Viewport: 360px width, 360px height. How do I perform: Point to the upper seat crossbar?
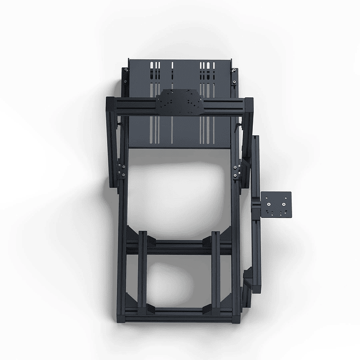(179, 245)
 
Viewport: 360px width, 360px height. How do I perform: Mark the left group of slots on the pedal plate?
(155, 74)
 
